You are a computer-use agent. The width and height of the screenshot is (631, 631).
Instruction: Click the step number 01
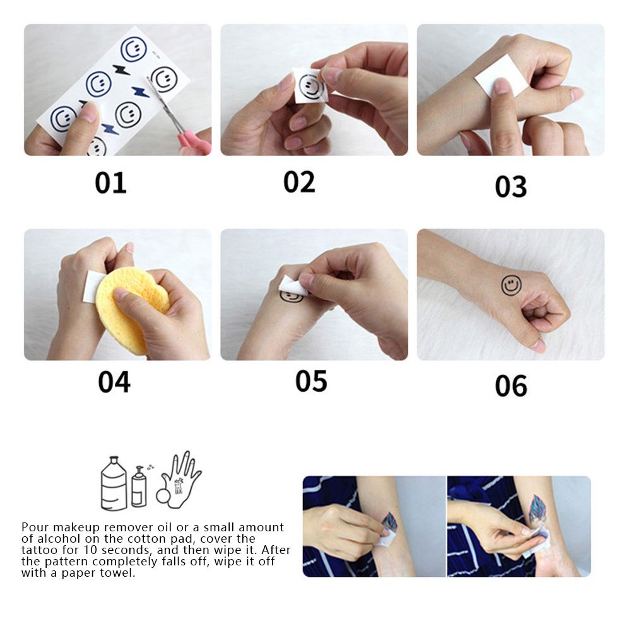110,182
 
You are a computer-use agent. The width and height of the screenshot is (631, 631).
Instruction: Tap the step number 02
299,182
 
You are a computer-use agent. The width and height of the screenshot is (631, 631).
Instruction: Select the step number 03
510,187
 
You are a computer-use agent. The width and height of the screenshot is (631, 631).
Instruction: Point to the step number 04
114,382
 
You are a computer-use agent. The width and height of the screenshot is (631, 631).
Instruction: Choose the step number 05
311,381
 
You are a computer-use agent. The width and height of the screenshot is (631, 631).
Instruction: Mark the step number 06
510,386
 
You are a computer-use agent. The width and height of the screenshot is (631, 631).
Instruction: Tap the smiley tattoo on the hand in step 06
510,285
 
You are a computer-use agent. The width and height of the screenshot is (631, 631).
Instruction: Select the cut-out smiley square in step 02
309,85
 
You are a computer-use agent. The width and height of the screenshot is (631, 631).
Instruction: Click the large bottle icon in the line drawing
114,483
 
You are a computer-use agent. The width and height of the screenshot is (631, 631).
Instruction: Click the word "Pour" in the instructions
35,527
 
